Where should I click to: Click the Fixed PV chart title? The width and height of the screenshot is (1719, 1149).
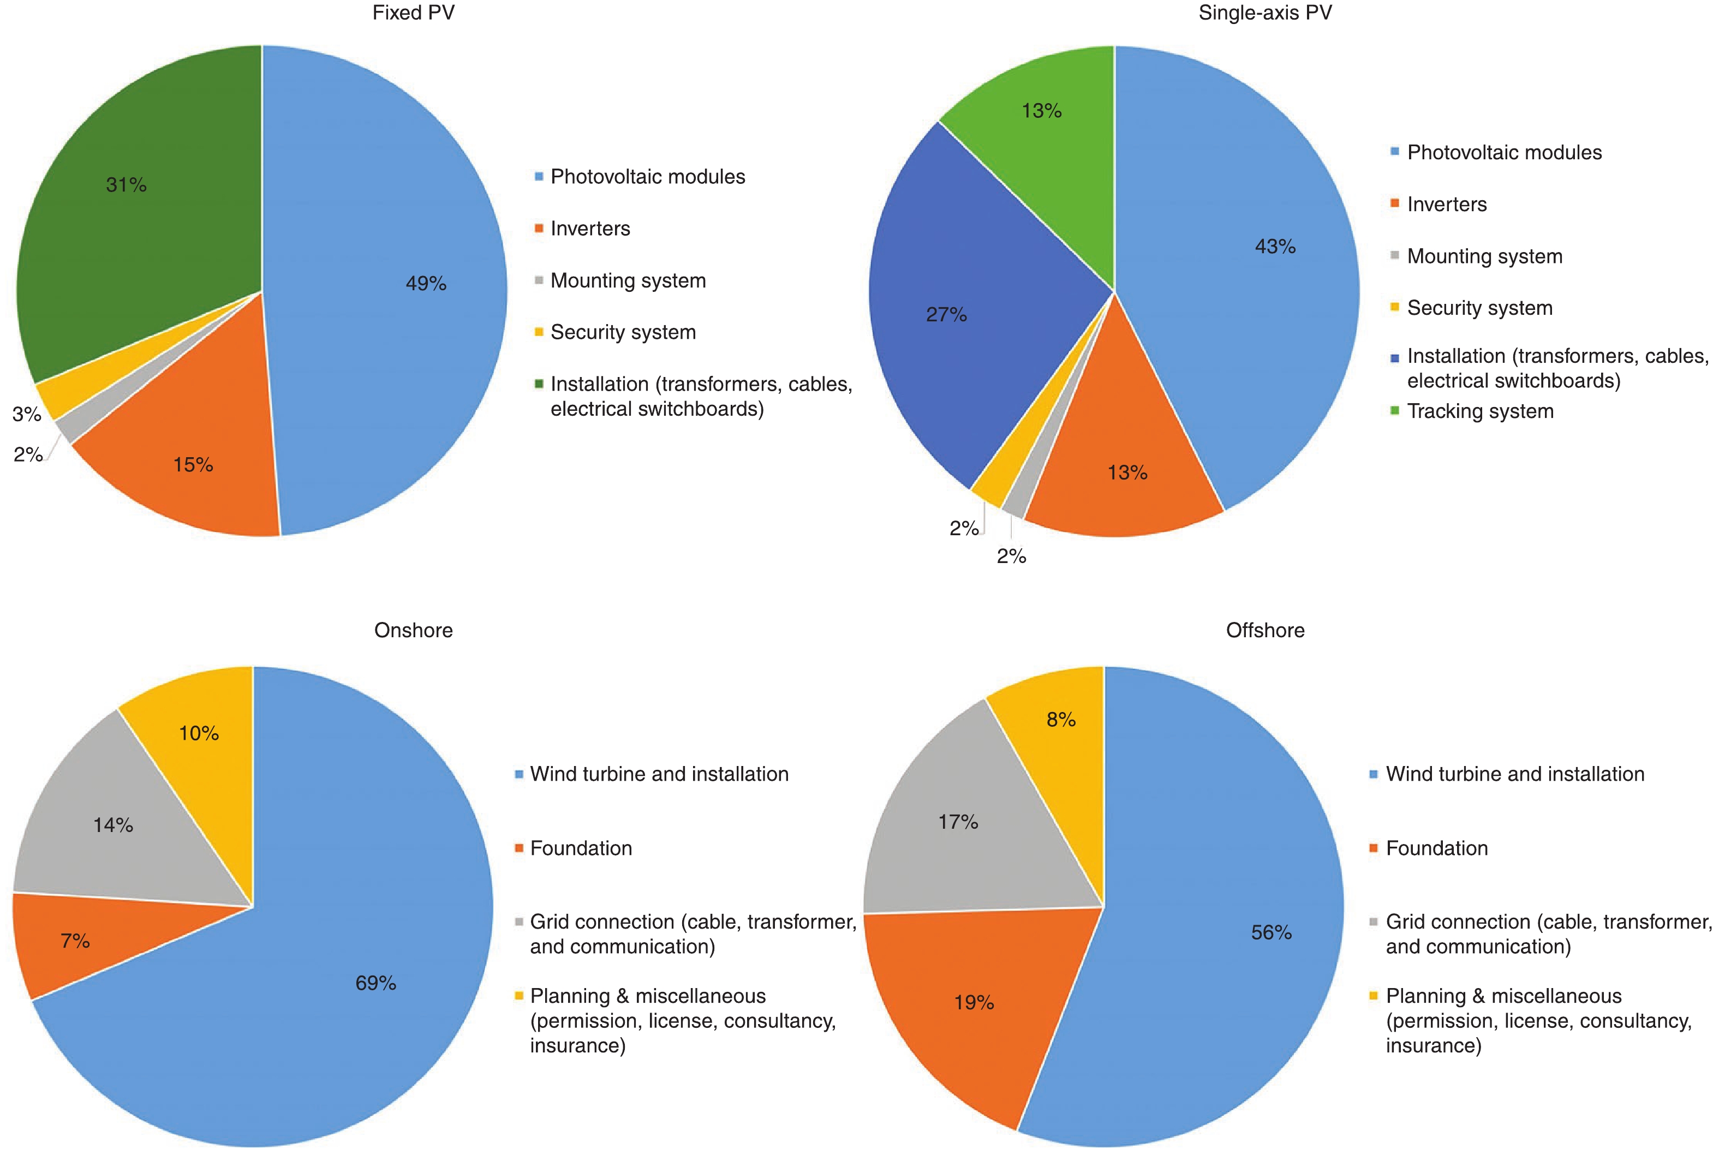point(413,13)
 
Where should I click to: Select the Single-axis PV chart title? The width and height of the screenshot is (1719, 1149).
point(1265,13)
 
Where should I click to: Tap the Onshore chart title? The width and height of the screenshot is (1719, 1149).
point(413,630)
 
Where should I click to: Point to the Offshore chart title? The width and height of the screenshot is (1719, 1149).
point(1265,630)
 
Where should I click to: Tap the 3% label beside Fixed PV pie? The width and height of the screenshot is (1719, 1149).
point(26,415)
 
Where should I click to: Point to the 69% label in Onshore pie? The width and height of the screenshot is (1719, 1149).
point(376,983)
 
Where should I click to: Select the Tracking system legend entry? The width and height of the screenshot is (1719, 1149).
point(1480,411)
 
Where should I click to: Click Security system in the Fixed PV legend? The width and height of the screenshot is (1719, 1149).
point(623,332)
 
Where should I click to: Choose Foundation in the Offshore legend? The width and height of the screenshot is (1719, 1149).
point(1436,848)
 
